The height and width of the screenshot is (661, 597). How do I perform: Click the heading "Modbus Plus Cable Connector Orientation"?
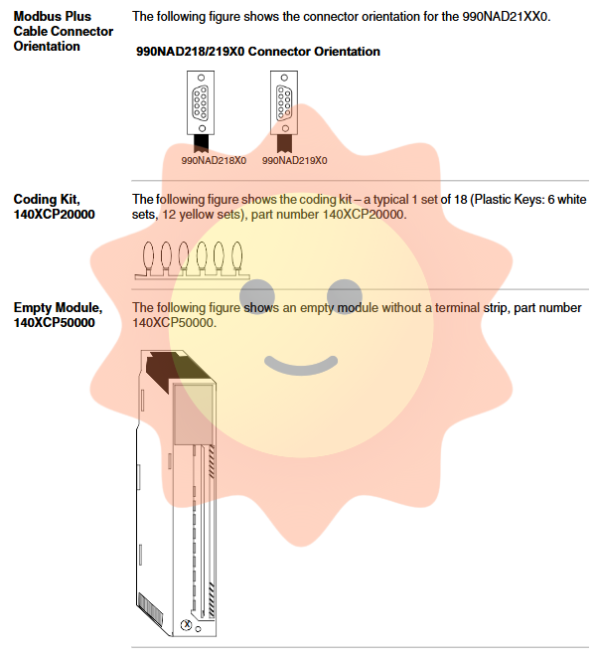point(63,31)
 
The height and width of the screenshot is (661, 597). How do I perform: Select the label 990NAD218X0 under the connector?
point(213,159)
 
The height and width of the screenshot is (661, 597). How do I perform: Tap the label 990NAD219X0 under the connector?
point(295,159)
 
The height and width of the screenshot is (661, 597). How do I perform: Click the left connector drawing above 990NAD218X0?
point(201,105)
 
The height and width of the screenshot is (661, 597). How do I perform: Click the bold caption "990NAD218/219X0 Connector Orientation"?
point(257,51)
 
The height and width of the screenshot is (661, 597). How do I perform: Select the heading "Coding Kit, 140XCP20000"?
point(54,206)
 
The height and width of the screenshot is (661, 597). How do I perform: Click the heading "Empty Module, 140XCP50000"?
point(58,315)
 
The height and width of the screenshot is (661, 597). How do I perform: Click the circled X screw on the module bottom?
point(186,625)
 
